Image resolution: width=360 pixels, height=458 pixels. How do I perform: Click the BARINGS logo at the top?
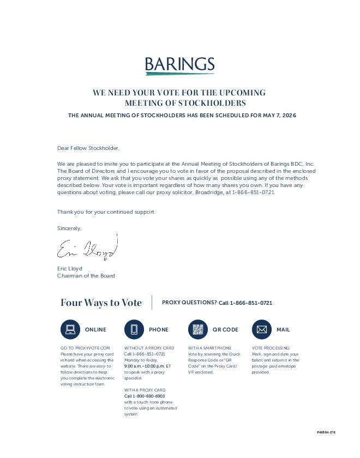click(x=179, y=65)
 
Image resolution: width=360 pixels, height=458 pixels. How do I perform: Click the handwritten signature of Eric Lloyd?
click(x=87, y=249)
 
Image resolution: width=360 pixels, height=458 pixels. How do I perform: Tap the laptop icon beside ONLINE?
click(x=70, y=329)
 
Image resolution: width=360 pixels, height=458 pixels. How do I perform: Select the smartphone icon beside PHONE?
click(x=134, y=329)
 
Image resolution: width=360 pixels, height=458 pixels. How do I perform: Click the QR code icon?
click(x=197, y=329)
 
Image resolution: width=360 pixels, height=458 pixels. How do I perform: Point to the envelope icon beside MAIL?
click(x=261, y=329)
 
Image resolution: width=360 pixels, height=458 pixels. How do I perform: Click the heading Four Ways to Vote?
click(x=101, y=303)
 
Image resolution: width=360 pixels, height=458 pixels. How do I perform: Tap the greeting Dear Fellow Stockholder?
click(x=88, y=148)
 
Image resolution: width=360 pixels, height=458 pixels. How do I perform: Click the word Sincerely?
click(x=69, y=228)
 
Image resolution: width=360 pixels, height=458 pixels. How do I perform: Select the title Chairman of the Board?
click(x=86, y=276)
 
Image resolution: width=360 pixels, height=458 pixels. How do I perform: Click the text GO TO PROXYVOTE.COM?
click(x=85, y=348)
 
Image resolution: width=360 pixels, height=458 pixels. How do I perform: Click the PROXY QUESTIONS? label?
click(x=189, y=303)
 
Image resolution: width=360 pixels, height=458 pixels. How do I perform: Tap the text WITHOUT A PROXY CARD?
click(x=149, y=348)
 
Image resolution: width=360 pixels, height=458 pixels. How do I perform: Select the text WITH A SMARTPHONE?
click(x=209, y=348)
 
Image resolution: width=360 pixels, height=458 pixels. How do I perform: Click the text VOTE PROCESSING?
click(x=271, y=348)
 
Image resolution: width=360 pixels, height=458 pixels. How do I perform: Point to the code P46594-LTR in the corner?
click(x=326, y=432)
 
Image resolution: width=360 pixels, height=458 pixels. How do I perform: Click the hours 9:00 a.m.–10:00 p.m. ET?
click(x=147, y=366)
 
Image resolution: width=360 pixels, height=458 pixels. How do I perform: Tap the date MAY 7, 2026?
click(x=279, y=116)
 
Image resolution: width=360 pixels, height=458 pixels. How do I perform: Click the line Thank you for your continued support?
click(x=106, y=212)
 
